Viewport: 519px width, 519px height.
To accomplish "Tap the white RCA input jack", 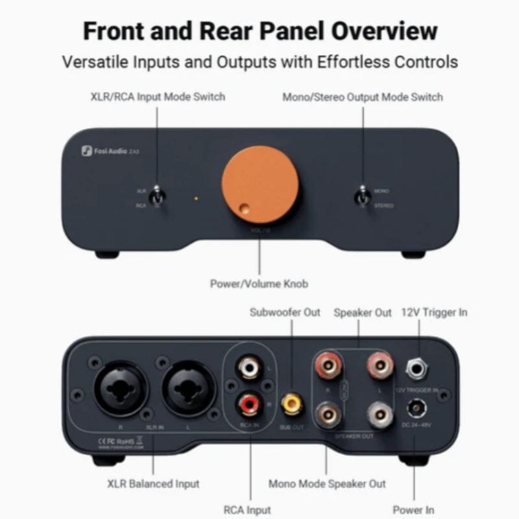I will [x=248, y=369].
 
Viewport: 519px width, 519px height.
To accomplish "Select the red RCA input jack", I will [x=248, y=405].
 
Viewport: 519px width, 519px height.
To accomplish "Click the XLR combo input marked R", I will [x=121, y=392].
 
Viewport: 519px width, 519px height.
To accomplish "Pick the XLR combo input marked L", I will [x=188, y=392].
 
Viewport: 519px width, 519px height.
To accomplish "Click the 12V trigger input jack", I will [x=416, y=369].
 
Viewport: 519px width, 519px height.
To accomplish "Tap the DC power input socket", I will [x=416, y=409].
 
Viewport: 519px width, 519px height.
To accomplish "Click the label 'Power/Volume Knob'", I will [x=259, y=284].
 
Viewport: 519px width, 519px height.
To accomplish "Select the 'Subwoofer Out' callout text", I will [x=285, y=312].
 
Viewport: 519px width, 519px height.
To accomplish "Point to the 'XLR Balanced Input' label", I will [x=153, y=483].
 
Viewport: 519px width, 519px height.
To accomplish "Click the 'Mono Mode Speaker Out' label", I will [x=327, y=483].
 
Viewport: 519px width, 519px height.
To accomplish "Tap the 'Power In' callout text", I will [x=413, y=509].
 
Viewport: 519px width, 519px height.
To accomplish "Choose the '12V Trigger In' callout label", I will [x=435, y=312].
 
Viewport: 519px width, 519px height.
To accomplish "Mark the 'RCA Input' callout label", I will [x=248, y=509].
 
